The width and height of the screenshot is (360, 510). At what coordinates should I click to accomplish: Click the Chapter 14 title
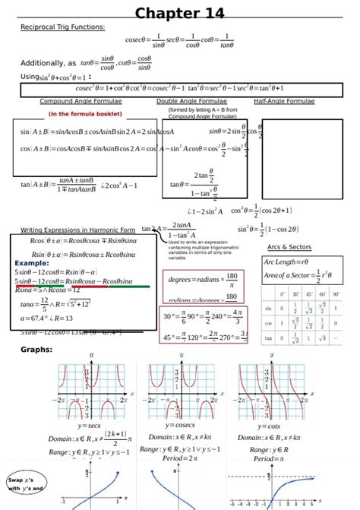point(179,13)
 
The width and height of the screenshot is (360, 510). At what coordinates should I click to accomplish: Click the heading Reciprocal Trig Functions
point(62,27)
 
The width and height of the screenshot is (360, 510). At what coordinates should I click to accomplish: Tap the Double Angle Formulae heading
point(191,101)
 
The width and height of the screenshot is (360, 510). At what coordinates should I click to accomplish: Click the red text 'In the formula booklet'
point(85,114)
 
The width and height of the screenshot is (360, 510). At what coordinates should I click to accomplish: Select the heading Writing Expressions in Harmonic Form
point(77,229)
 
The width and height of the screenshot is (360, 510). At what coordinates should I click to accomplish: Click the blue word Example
point(32,262)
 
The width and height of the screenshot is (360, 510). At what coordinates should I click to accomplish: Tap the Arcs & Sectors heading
point(289,247)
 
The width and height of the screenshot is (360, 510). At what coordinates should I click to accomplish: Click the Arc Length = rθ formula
point(286,262)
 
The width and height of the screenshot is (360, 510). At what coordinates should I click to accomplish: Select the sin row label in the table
point(268,309)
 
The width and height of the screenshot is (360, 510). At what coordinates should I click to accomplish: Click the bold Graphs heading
point(36,350)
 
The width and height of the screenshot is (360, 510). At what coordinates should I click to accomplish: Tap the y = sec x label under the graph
point(90,426)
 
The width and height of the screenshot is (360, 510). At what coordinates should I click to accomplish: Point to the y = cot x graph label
point(263,426)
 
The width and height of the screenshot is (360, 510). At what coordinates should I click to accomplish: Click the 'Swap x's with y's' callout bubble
point(25,484)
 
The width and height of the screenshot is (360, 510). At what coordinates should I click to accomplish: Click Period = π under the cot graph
point(263,459)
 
